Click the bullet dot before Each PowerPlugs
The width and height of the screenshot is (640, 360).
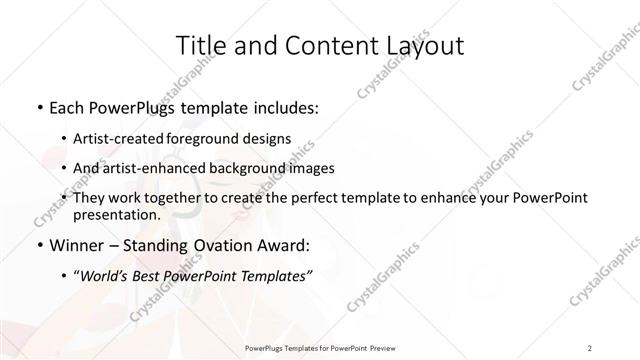[x=38, y=105]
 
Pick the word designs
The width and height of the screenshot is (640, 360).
[x=269, y=137]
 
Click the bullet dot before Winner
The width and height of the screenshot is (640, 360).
[x=38, y=245]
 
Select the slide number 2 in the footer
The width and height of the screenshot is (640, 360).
[x=590, y=347]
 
